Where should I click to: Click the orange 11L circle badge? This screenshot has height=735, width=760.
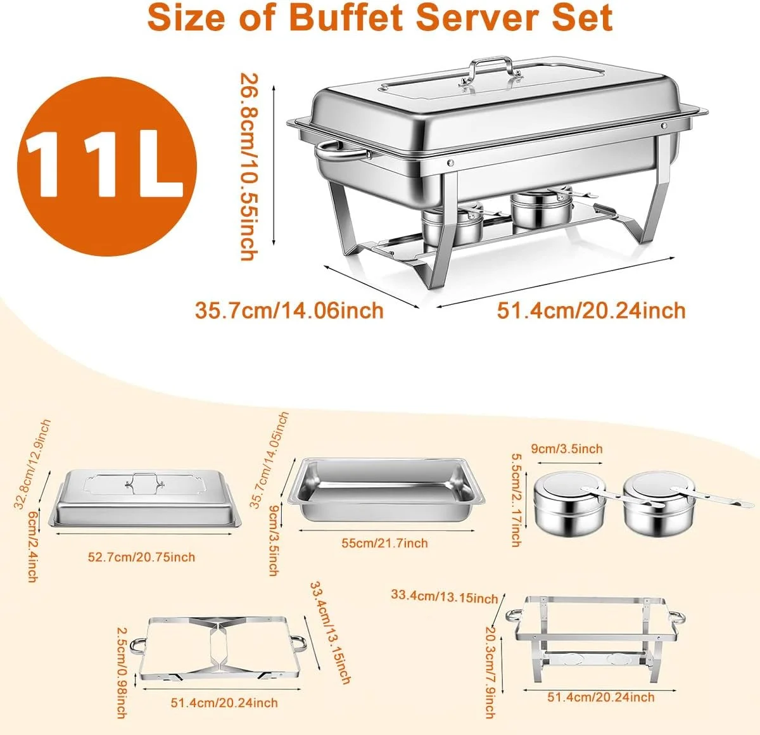pos(106,166)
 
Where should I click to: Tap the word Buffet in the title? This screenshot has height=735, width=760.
pos(346,18)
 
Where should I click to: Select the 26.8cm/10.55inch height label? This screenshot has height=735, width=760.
pos(248,167)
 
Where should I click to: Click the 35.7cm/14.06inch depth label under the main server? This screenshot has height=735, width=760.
pos(289,310)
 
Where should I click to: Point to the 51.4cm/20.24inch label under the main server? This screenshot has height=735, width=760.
pos(592,310)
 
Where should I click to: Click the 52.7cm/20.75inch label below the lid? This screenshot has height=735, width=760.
pos(141,557)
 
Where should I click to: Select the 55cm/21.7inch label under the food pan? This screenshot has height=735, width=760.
pos(384,543)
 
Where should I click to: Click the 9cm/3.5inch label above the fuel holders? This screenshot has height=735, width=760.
pos(567,449)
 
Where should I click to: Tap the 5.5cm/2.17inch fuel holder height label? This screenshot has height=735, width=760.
pos(517,500)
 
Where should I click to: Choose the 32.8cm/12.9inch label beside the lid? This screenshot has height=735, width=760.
pos(32,464)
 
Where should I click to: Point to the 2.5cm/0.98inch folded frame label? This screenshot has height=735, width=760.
pos(122,673)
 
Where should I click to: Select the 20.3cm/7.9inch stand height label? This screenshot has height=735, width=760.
pos(491,673)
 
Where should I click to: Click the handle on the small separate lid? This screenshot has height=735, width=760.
pos(143,480)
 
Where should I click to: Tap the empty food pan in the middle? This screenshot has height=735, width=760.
pos(386,490)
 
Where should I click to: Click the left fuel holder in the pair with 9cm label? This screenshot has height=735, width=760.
pos(569,504)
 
